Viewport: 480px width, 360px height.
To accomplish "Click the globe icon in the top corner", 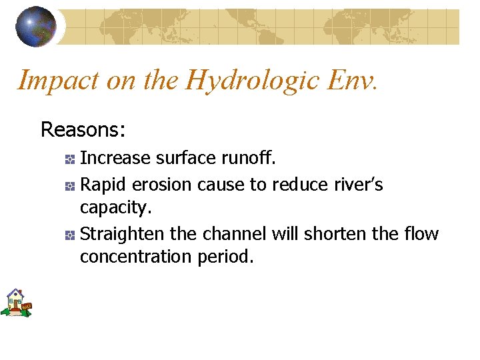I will [36, 27].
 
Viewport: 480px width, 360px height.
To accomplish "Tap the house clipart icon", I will [16, 303].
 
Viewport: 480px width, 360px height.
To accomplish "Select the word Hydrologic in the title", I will [253, 81].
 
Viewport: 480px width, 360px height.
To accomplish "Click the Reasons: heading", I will [83, 129].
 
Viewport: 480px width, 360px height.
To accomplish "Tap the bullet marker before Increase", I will [69, 159].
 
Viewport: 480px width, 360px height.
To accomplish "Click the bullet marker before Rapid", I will [69, 185].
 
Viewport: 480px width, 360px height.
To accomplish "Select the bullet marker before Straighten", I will [69, 235].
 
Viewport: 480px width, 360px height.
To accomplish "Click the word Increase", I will [115, 158].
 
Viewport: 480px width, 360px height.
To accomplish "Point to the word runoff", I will [252, 158].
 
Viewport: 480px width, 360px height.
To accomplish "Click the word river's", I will [359, 184].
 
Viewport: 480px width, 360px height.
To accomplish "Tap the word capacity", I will [115, 208].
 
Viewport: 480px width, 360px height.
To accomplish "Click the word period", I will [225, 257].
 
